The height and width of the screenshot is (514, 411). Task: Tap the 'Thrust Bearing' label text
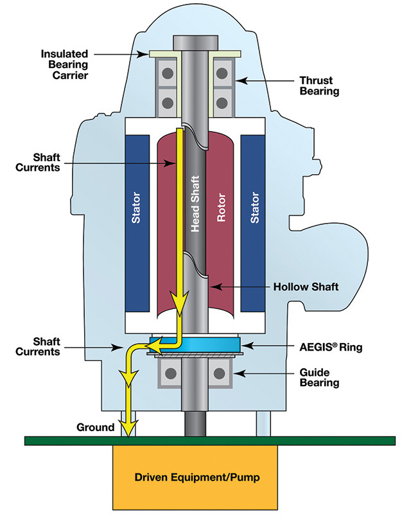point(319,86)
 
